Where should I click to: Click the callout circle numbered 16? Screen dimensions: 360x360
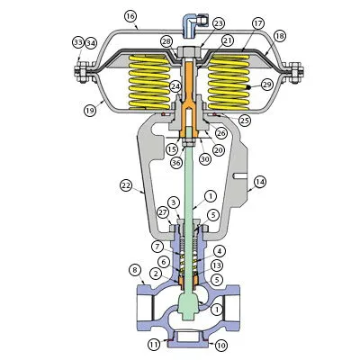point(130,16)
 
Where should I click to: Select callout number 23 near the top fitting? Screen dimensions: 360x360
point(219,22)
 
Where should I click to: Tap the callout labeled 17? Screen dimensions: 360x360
point(258,22)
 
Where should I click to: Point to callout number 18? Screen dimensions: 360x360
point(279,35)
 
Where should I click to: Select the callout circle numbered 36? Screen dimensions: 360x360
point(175,162)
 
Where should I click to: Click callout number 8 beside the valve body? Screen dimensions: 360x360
point(135,269)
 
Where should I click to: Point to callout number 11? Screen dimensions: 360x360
point(154,344)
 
